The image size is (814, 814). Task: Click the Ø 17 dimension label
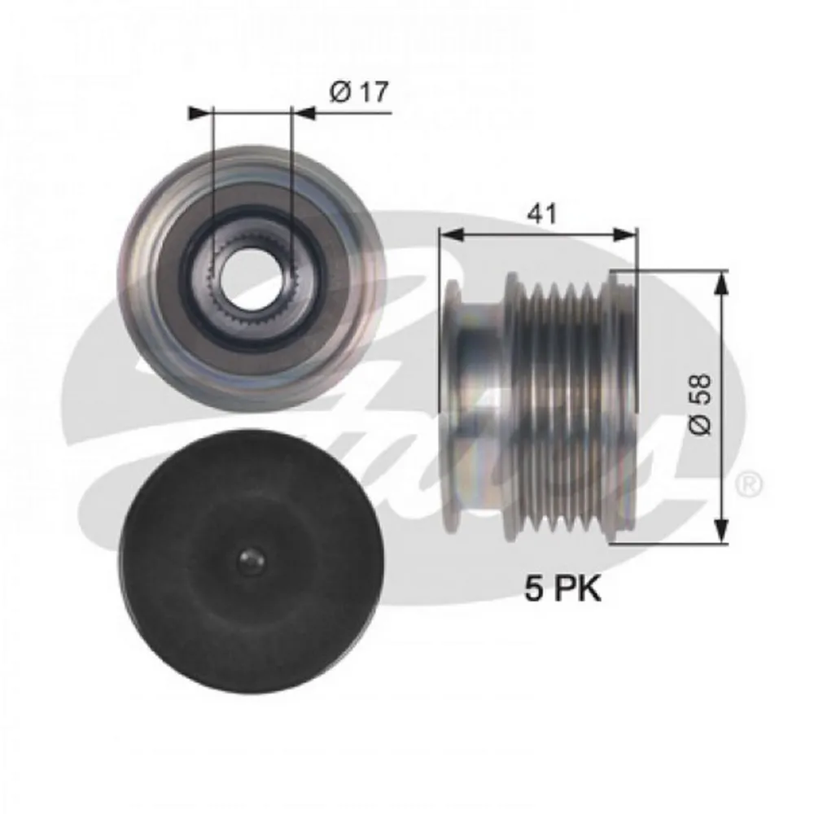(x=359, y=93)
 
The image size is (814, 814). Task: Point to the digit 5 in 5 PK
(x=533, y=589)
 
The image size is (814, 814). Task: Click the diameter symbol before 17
(x=340, y=93)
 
